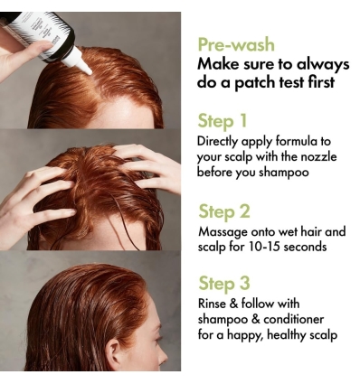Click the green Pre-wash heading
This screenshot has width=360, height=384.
pos(236,44)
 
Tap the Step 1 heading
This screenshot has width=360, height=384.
pos(222,121)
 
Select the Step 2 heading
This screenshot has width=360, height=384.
pos(223,212)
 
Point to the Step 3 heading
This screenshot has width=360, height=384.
pos(223,284)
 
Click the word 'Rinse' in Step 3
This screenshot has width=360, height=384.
pos(213,304)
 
